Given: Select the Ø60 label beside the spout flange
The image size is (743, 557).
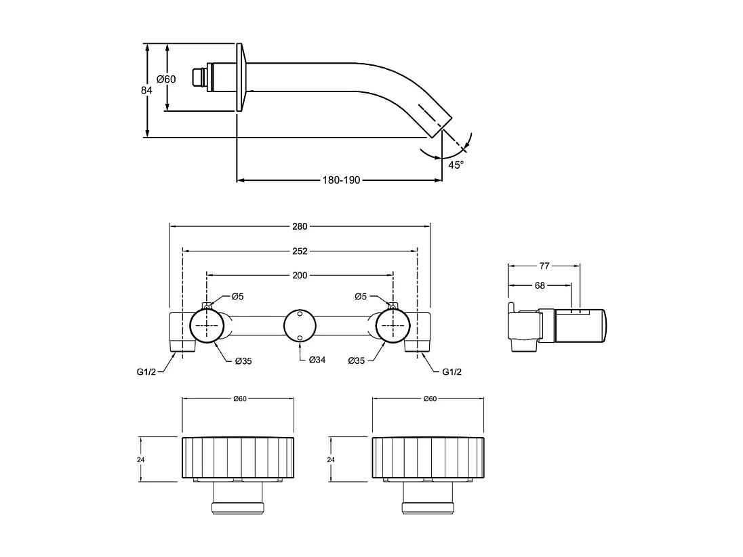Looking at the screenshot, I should [x=166, y=79].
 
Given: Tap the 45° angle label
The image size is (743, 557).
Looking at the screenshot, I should [x=456, y=165].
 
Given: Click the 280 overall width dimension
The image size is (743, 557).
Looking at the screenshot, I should [x=300, y=226].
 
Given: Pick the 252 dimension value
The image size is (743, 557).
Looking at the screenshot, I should [x=300, y=251].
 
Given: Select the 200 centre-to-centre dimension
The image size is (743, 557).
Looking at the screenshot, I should [x=300, y=275].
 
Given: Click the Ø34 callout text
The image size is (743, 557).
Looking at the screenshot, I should [x=317, y=360].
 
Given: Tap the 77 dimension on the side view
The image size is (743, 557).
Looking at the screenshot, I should [x=544, y=266].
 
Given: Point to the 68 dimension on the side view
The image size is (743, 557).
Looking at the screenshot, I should [x=540, y=286].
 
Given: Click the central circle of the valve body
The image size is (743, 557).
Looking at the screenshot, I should [x=299, y=325].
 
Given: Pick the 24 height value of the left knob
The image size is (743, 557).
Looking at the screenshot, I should [x=140, y=459].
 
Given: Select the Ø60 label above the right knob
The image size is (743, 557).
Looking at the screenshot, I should [x=429, y=399].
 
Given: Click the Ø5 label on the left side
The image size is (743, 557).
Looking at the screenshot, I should [x=237, y=296].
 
